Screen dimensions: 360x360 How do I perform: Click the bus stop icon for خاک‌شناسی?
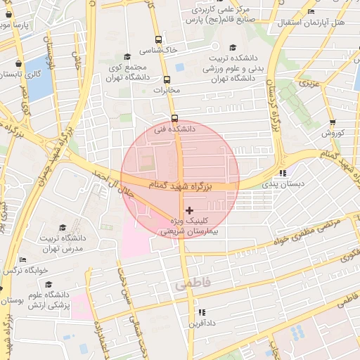point(158,40)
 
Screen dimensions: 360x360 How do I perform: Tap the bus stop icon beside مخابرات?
point(167,79)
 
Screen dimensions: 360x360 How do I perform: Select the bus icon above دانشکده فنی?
point(174,118)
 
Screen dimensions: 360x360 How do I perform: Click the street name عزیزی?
point(309,84)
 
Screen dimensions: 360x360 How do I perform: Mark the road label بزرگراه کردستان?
point(271,105)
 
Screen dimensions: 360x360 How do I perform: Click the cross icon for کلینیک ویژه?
point(188,210)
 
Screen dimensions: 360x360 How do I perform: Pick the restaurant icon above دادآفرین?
point(202,312)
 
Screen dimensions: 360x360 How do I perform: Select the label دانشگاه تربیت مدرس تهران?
point(63,243)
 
